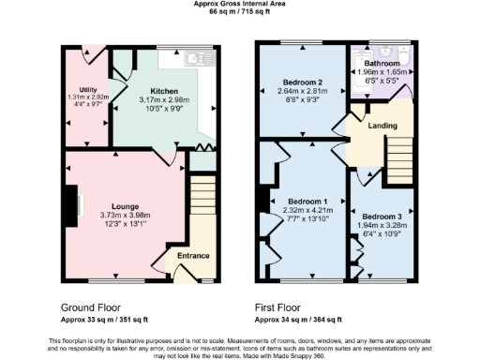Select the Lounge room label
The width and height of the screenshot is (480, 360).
126,205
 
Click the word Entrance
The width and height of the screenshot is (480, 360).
194,256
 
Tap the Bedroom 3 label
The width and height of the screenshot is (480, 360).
381,217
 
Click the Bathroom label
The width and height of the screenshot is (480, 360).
381,64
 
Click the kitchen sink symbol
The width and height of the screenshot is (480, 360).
197,58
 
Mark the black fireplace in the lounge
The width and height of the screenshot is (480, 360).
71,203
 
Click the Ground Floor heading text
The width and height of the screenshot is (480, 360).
92,307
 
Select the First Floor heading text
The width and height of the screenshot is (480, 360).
283,307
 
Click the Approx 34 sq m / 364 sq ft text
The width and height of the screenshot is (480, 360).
302,317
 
